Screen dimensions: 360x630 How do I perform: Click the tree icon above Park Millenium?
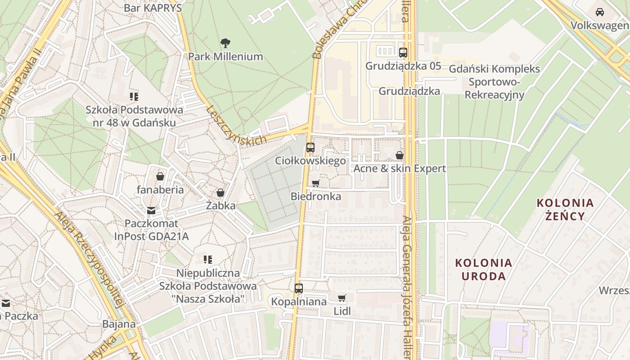click(x=225, y=43)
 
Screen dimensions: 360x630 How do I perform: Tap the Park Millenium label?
click(x=225, y=57)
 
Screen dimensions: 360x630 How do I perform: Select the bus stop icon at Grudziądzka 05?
click(x=403, y=52)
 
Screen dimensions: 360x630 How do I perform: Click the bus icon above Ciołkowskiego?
click(x=310, y=147)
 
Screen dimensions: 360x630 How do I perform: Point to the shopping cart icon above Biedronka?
click(x=315, y=183)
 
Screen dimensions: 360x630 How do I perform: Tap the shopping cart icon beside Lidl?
click(x=342, y=298)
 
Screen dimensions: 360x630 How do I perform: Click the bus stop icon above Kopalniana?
click(x=298, y=288)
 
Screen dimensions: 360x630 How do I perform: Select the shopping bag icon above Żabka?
click(x=220, y=193)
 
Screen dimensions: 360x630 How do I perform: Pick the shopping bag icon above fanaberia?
click(x=160, y=176)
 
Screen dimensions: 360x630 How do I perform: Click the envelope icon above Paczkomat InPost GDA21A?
click(x=151, y=210)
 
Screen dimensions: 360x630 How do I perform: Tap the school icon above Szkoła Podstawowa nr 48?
click(x=134, y=96)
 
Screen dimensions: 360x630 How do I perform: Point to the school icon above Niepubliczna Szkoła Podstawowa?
click(x=207, y=259)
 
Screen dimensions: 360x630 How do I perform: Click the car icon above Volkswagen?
click(x=599, y=12)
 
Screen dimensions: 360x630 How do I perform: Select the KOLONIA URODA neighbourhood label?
click(x=483, y=269)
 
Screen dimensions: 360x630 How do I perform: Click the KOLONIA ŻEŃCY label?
click(x=565, y=209)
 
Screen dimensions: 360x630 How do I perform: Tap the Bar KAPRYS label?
click(x=153, y=8)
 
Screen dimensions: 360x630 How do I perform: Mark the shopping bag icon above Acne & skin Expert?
click(x=399, y=155)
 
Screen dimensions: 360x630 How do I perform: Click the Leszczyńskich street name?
click(x=236, y=125)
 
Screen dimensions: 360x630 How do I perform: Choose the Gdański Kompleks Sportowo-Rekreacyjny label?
click(x=494, y=82)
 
